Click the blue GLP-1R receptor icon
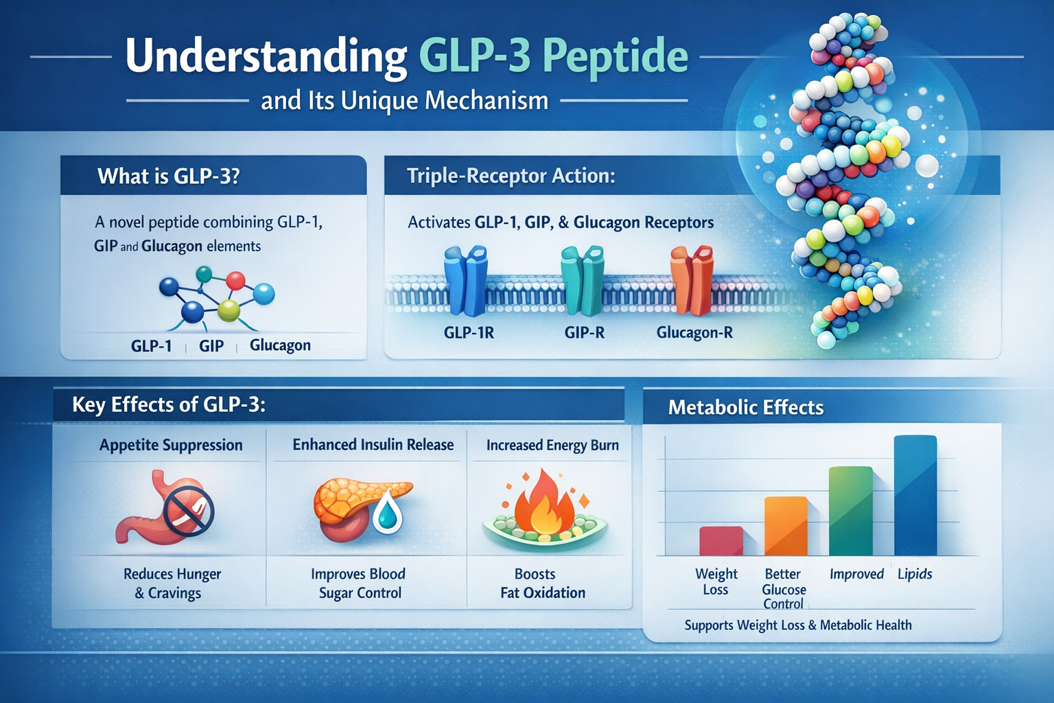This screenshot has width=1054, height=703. tap(466, 281)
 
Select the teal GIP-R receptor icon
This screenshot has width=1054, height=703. tap(583, 281)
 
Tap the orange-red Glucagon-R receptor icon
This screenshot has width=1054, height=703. tap(692, 281)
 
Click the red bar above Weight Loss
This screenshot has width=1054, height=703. tap(721, 541)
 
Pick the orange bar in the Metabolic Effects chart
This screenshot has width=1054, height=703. tap(786, 526)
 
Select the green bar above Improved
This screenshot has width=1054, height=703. tap(851, 511)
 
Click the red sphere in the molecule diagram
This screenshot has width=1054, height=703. tap(235, 281)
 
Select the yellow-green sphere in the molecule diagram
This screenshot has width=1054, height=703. tap(229, 310)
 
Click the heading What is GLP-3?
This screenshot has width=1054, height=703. tap(169, 176)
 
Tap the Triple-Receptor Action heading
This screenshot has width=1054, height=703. tap(511, 176)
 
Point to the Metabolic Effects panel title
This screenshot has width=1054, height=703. tap(746, 408)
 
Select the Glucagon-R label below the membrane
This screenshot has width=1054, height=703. tap(694, 333)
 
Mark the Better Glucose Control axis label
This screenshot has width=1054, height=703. tap(784, 589)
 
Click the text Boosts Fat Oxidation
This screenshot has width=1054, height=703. tap(542, 584)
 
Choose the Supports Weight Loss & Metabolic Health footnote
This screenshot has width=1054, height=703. tap(798, 625)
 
